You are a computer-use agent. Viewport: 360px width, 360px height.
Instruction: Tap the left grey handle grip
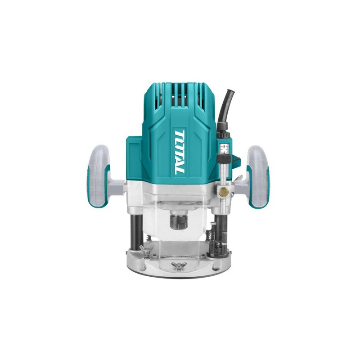click(x=98, y=176)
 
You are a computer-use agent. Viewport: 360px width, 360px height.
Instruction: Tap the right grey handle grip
click(x=258, y=176)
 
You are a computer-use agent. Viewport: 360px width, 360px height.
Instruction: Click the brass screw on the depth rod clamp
click(x=224, y=190)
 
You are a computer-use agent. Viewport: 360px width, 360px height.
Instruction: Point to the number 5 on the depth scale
click(x=224, y=146)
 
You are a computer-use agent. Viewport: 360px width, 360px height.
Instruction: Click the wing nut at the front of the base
click(x=177, y=266)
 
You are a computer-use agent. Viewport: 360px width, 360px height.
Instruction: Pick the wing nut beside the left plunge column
click(x=144, y=249)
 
